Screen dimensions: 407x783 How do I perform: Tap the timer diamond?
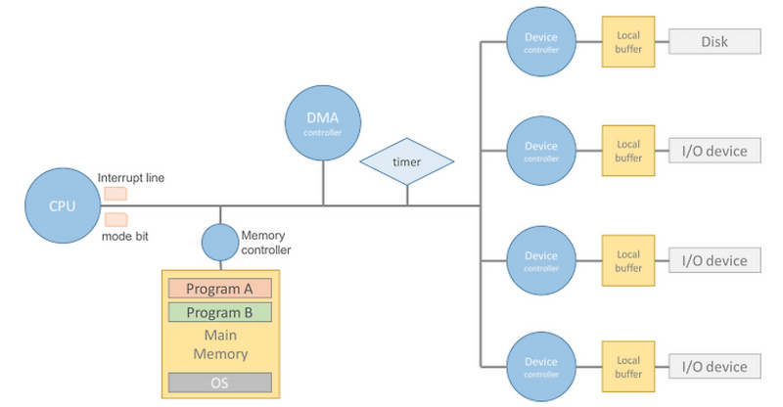point(407,161)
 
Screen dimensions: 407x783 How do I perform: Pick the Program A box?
point(219,289)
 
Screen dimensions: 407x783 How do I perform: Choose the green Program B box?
point(219,313)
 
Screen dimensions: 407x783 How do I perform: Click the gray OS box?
point(219,382)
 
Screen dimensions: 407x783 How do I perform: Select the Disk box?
point(714,41)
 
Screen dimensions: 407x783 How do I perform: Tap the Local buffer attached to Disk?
point(627,41)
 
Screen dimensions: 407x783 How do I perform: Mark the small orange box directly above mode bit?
point(115,219)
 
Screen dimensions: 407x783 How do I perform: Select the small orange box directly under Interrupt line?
point(115,193)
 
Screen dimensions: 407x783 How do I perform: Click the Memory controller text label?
point(265,242)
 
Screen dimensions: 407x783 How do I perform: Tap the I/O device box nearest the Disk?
point(714,151)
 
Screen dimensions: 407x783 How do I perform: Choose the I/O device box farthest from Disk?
point(714,368)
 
